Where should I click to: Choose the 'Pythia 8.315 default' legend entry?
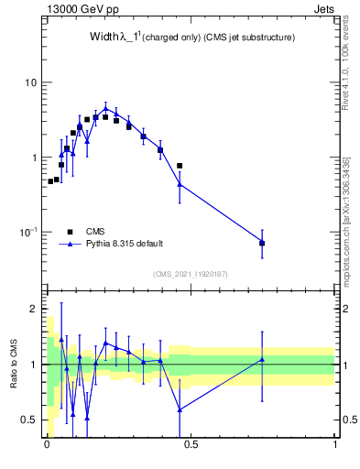pos(125,244)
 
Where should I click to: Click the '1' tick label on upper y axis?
pos(34,158)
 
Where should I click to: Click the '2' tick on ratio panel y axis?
pos(34,310)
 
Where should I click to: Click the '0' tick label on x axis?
pos(47,447)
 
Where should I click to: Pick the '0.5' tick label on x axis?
pos(191,447)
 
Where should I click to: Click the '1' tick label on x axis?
pos(334,447)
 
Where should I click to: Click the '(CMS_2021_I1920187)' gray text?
pos(191,272)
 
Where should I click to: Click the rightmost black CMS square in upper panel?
pos(262,243)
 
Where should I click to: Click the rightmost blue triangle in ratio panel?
pos(262,359)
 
